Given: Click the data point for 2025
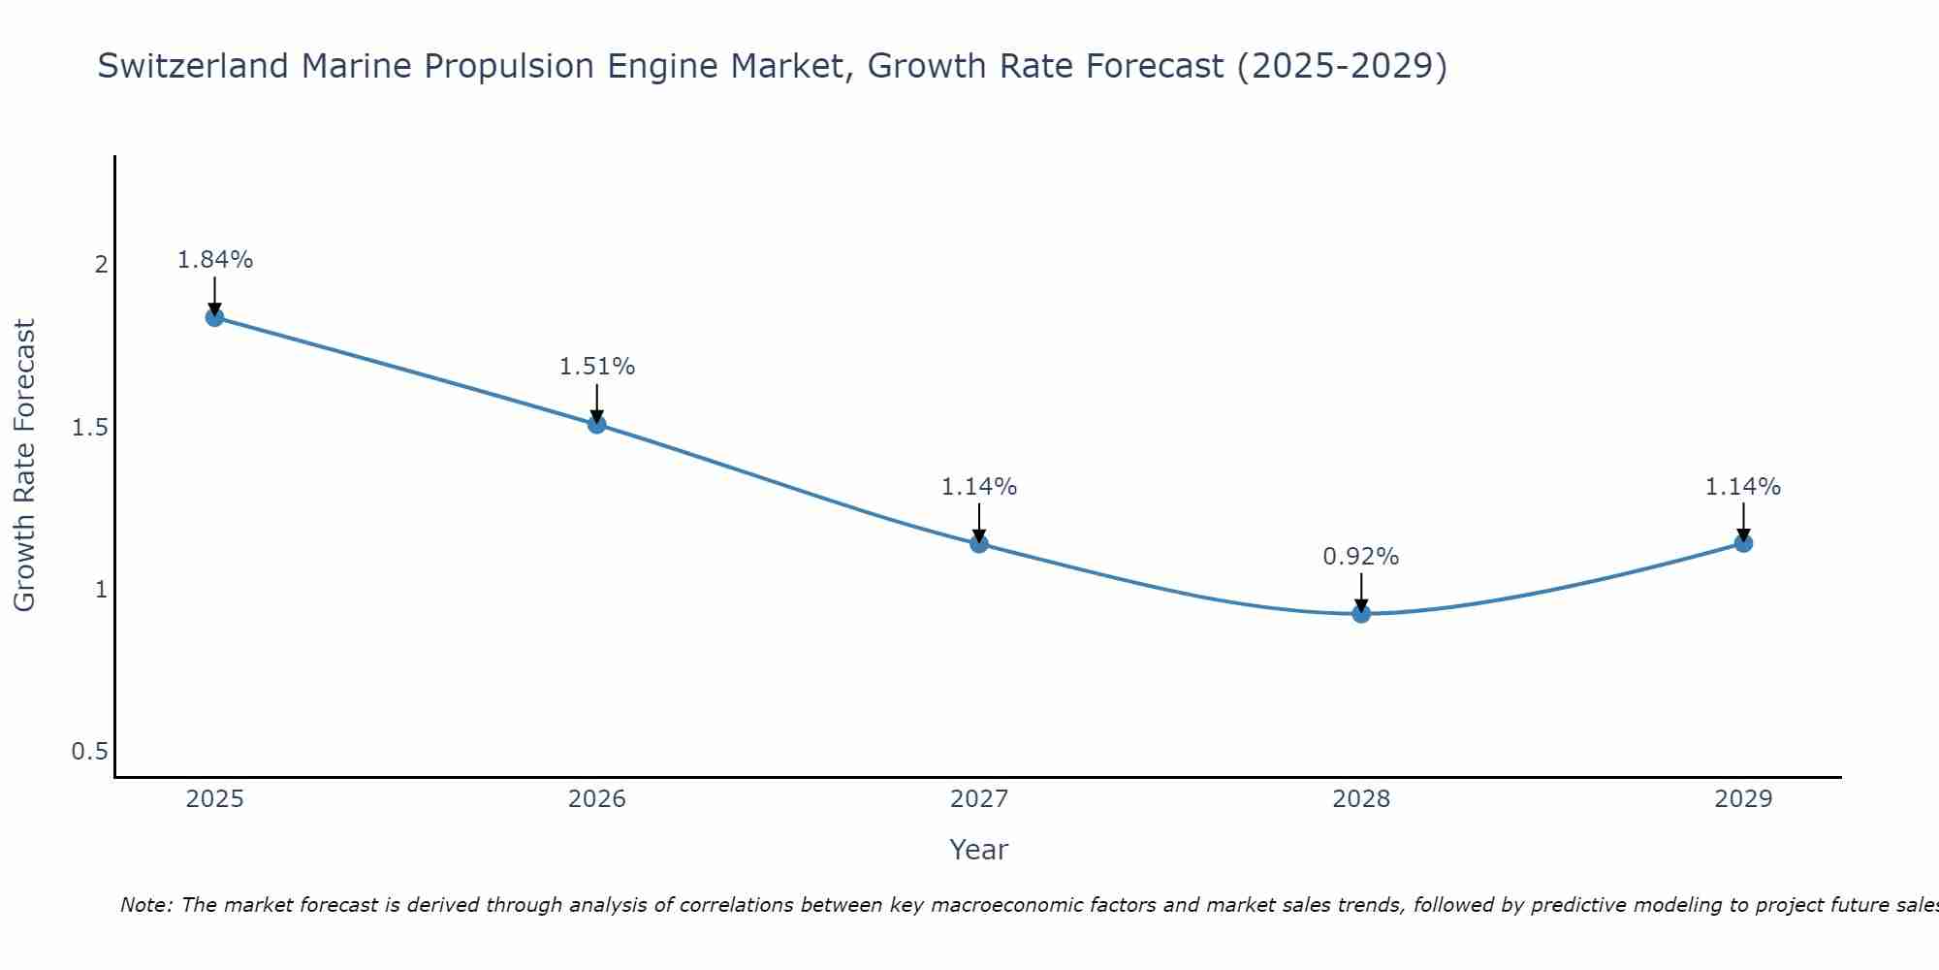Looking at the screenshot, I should tap(215, 317).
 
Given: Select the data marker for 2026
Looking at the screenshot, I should tap(597, 424).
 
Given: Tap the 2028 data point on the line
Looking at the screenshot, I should tap(1361, 613).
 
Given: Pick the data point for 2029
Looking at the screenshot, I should tap(1743, 543).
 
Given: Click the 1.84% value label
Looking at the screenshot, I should tap(215, 260).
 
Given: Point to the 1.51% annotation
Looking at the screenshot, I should tap(597, 367).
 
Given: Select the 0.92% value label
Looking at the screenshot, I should tap(1361, 557).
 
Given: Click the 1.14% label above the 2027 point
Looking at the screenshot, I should tap(979, 487).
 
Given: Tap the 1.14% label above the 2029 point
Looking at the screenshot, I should tap(1743, 487).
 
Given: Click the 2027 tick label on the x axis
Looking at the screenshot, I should tap(979, 799).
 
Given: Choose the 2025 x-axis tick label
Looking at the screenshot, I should tap(215, 799).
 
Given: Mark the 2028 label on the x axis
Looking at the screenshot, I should tap(1361, 799).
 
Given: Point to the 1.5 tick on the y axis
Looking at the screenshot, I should tap(89, 428).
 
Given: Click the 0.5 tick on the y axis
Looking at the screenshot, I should tap(89, 752).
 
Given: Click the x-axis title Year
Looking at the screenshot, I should tap(979, 850).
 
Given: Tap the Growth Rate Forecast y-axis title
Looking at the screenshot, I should tap(24, 466).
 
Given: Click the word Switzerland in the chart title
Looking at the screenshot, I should tap(193, 66).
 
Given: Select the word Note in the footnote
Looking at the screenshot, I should tap(145, 905).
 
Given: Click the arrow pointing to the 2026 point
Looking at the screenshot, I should tap(597, 403).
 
